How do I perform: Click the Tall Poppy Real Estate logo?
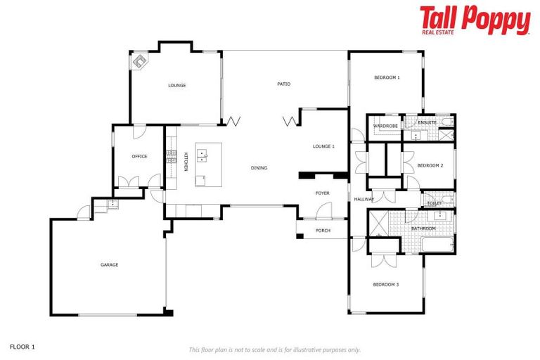click(475, 20)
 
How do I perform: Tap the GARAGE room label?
click(109, 265)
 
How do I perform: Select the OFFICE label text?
click(139, 156)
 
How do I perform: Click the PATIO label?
click(283, 84)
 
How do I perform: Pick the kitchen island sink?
click(205, 153)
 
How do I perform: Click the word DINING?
click(259, 167)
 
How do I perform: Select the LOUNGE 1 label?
click(323, 146)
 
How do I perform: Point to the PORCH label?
click(323, 231)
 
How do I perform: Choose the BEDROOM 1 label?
click(387, 77)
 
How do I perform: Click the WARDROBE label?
click(385, 126)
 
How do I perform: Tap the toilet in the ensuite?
click(447, 122)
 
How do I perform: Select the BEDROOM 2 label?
click(430, 165)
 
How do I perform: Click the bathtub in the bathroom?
click(436, 245)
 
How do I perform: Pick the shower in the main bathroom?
click(378, 224)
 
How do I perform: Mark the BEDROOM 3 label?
click(387, 284)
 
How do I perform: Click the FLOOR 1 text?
click(22, 347)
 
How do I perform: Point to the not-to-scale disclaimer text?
click(274, 349)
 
